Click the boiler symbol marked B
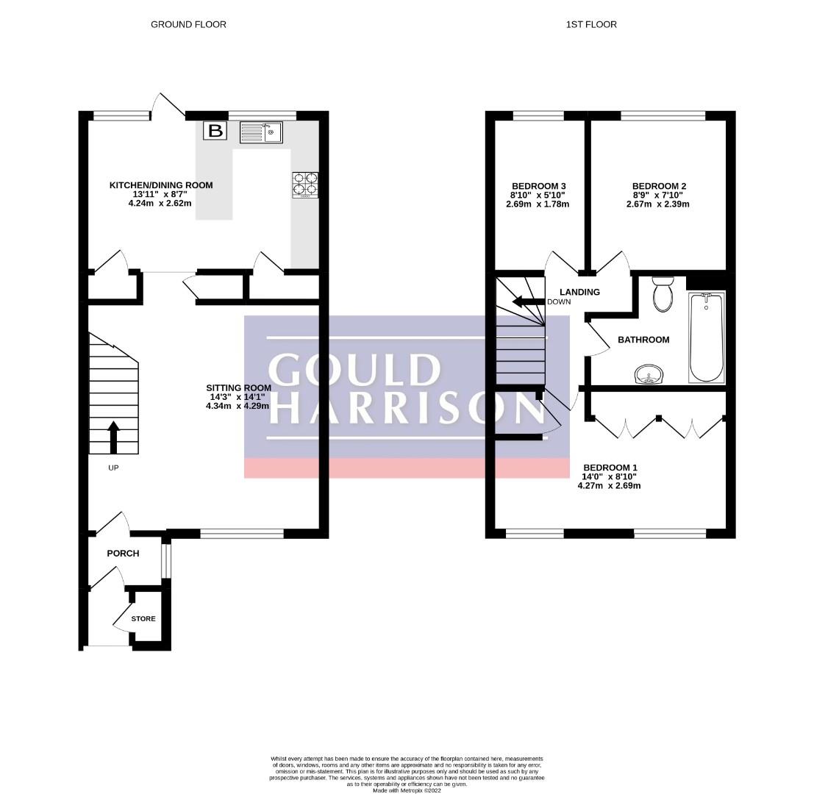point(215,131)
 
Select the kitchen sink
point(261,132)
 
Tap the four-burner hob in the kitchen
point(305,185)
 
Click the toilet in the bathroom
point(663,294)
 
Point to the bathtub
point(707,337)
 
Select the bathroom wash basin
point(649,374)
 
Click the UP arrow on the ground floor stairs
point(113,437)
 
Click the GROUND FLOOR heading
point(188,24)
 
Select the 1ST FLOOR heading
point(591,24)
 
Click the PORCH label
point(123,554)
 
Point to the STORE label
point(143,618)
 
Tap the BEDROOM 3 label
point(538,186)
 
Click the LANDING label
point(579,292)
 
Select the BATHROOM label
point(643,340)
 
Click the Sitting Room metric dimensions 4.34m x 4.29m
point(238,406)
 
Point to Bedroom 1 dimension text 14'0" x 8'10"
point(609,476)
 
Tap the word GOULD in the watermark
point(354,369)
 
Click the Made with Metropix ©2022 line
point(407,791)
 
